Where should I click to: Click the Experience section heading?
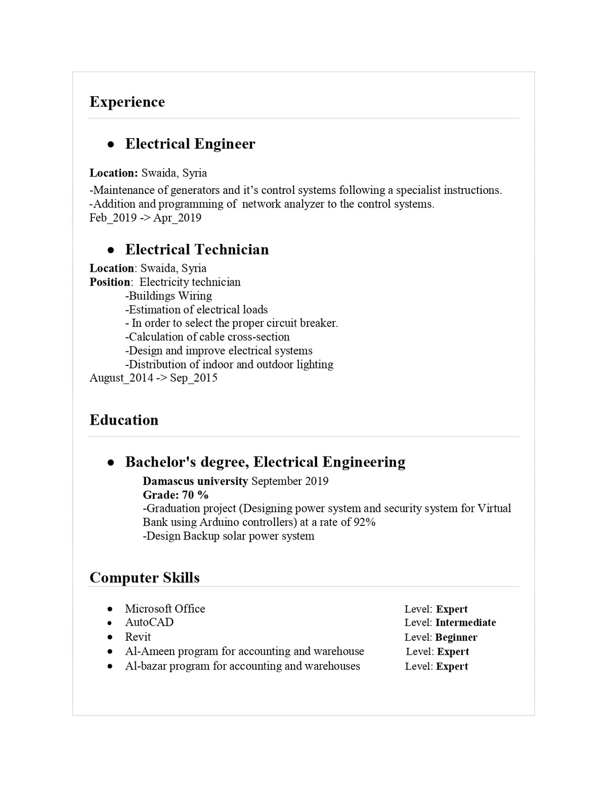coord(127,102)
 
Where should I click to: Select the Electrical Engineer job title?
coord(190,144)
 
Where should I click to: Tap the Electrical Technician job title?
coord(197,250)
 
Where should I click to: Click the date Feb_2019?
coord(113,218)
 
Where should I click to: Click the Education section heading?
coord(124,420)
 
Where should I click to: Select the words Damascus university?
coord(195,481)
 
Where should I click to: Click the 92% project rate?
coord(364,522)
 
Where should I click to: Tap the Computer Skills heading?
coord(145,578)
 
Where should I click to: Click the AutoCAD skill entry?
coord(149,622)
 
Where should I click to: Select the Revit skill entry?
coord(138,637)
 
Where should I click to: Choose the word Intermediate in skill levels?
coord(465,623)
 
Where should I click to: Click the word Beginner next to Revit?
coord(456,637)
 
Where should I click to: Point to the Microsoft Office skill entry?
coord(165,608)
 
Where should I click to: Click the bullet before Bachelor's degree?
coord(110,463)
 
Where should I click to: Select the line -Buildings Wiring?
coord(168,296)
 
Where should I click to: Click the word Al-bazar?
coord(146,666)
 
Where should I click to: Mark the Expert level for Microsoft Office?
coord(452,609)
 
